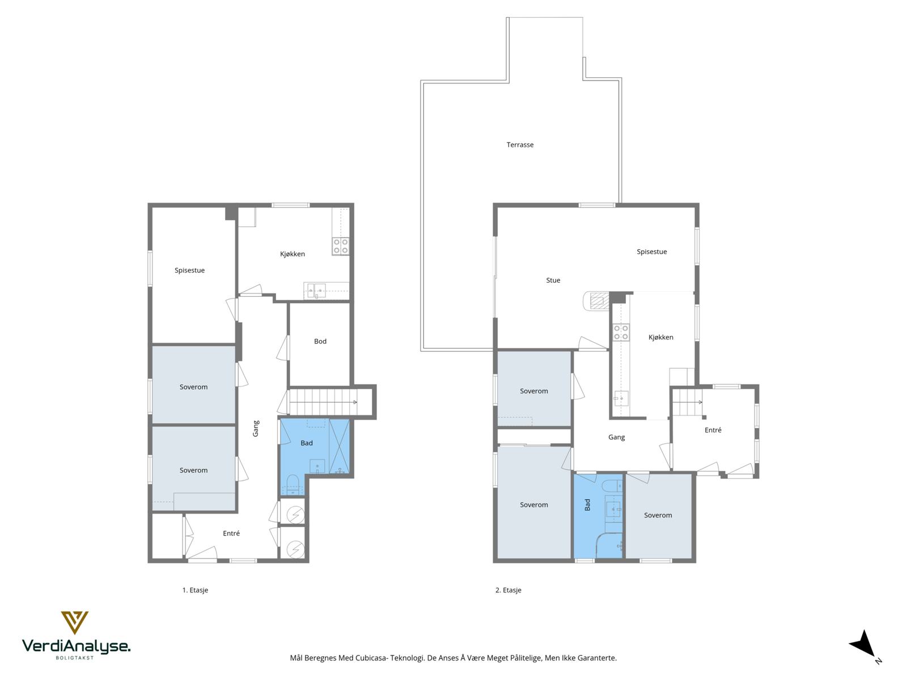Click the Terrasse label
pyautogui.click(x=520, y=145)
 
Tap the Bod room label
pyautogui.click(x=320, y=341)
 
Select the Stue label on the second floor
pyautogui.click(x=553, y=280)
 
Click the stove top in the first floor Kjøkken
pyautogui.click(x=341, y=246)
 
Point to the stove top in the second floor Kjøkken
pyautogui.click(x=621, y=333)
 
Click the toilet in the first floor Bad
pyautogui.click(x=293, y=484)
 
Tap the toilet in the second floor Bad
pyautogui.click(x=612, y=485)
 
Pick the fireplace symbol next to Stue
pyautogui.click(x=596, y=301)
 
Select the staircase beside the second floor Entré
pyautogui.click(x=686, y=402)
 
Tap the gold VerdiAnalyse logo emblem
pyautogui.click(x=74, y=623)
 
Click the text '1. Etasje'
pyautogui.click(x=195, y=590)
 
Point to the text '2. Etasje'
pyautogui.click(x=508, y=590)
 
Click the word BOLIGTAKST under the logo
pyautogui.click(x=75, y=658)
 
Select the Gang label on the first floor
pyautogui.click(x=256, y=428)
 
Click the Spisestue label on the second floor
pyautogui.click(x=652, y=252)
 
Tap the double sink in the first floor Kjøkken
pyautogui.click(x=316, y=290)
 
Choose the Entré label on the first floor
pyautogui.click(x=231, y=533)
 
